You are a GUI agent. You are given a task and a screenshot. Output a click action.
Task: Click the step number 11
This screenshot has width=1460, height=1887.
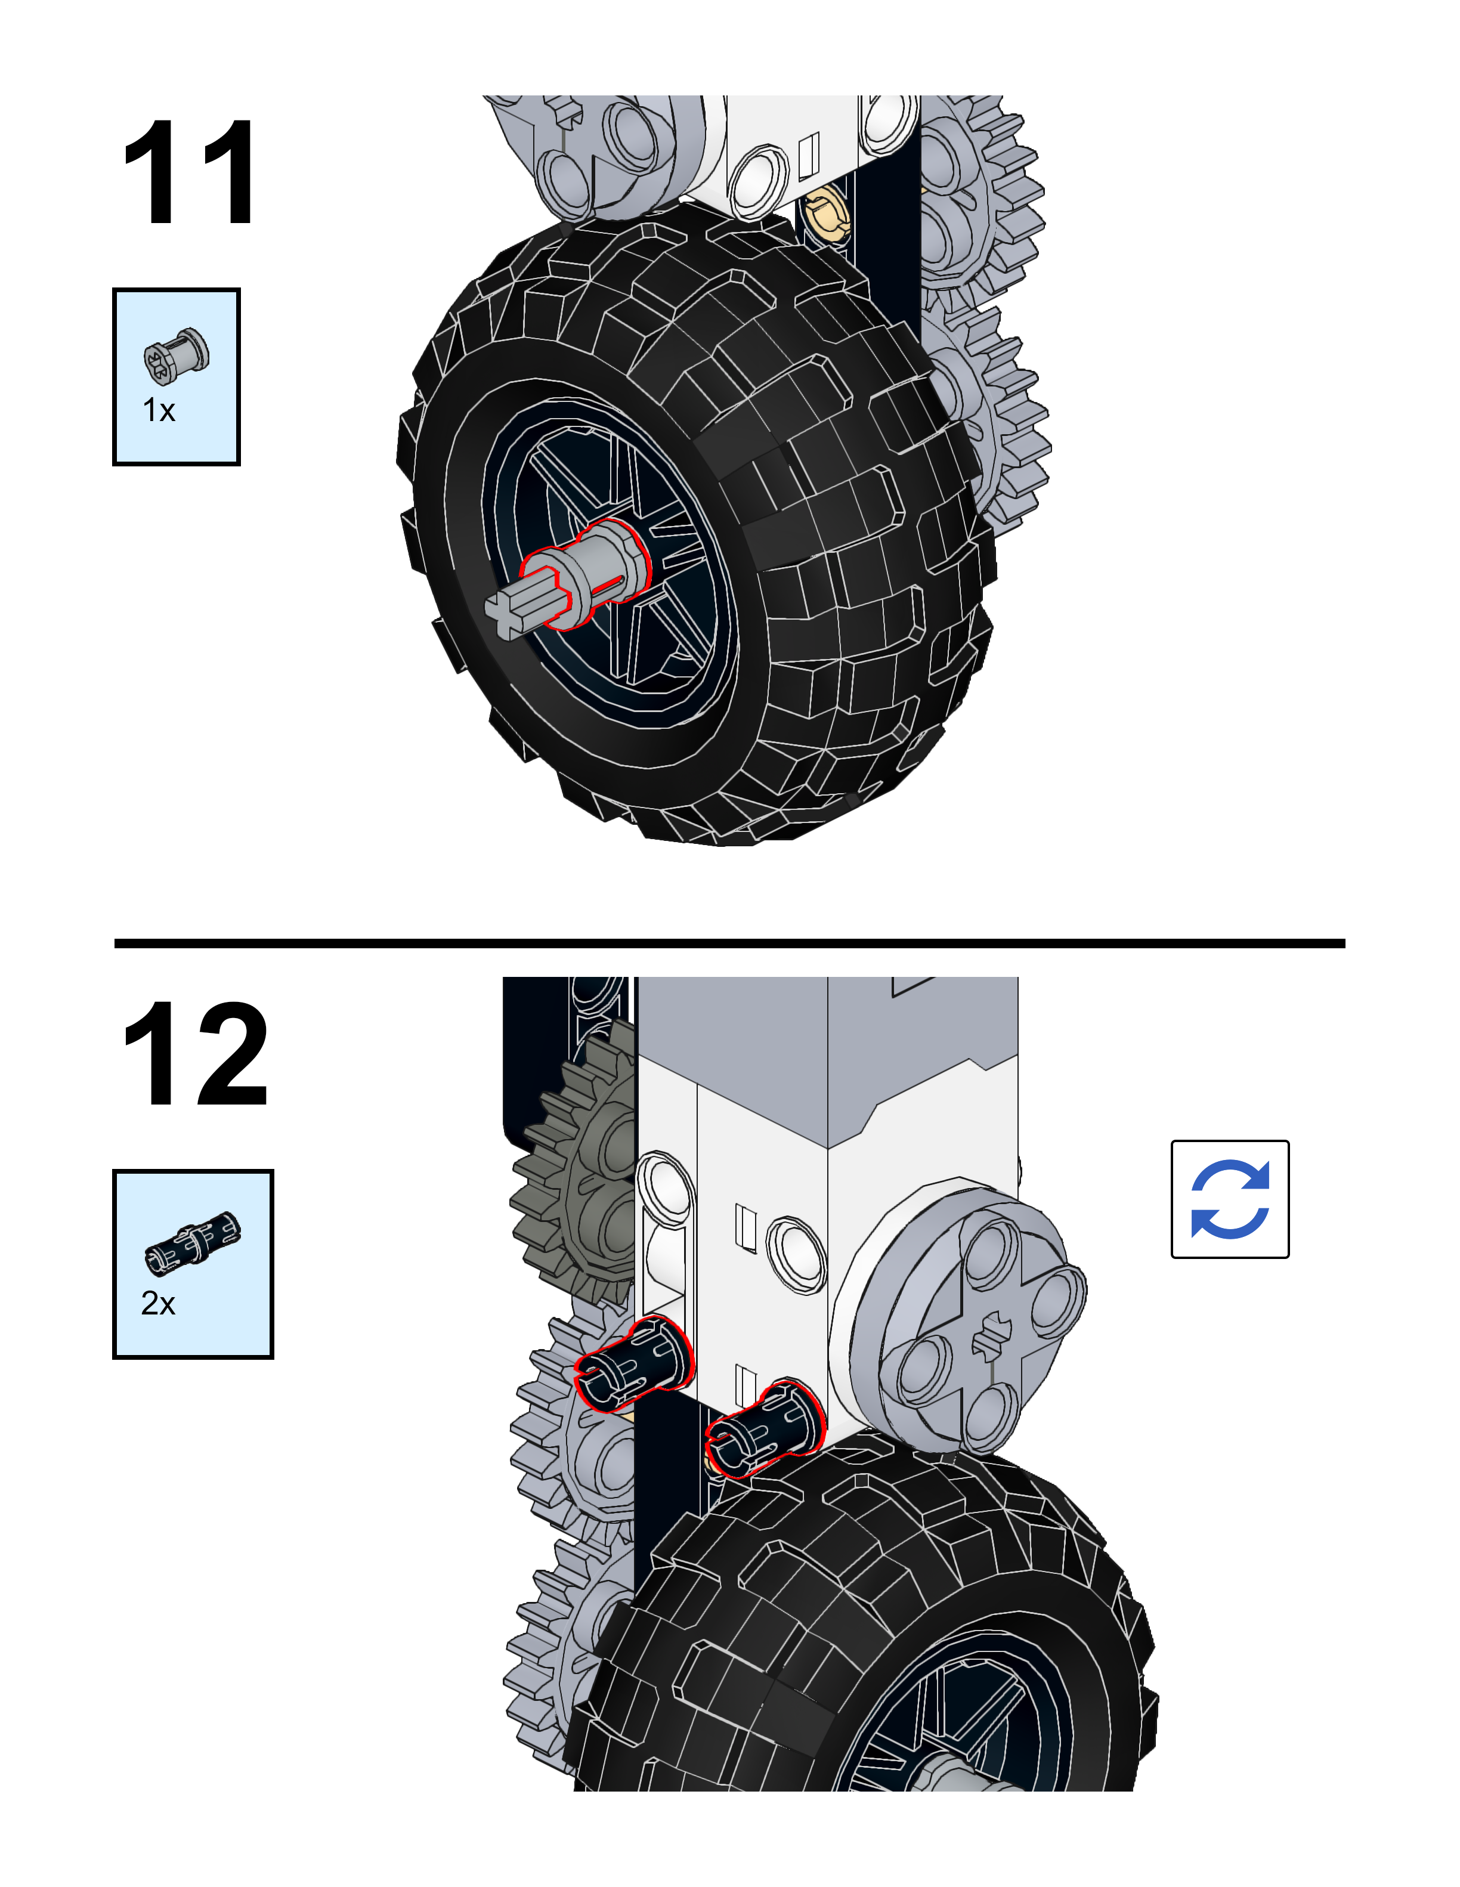tap(189, 173)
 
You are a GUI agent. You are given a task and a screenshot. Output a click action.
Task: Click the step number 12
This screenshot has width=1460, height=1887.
tap(195, 1054)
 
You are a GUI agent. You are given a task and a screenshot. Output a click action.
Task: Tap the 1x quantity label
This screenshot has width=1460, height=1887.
tap(159, 410)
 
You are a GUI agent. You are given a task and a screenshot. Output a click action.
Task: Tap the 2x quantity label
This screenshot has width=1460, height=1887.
tap(158, 1303)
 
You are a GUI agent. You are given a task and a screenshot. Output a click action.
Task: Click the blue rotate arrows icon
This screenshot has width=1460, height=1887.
tap(1229, 1199)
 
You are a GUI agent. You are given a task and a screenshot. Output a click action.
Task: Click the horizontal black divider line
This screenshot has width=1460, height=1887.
tap(729, 943)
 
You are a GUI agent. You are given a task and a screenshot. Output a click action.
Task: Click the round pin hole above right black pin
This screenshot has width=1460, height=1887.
tap(797, 1253)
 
